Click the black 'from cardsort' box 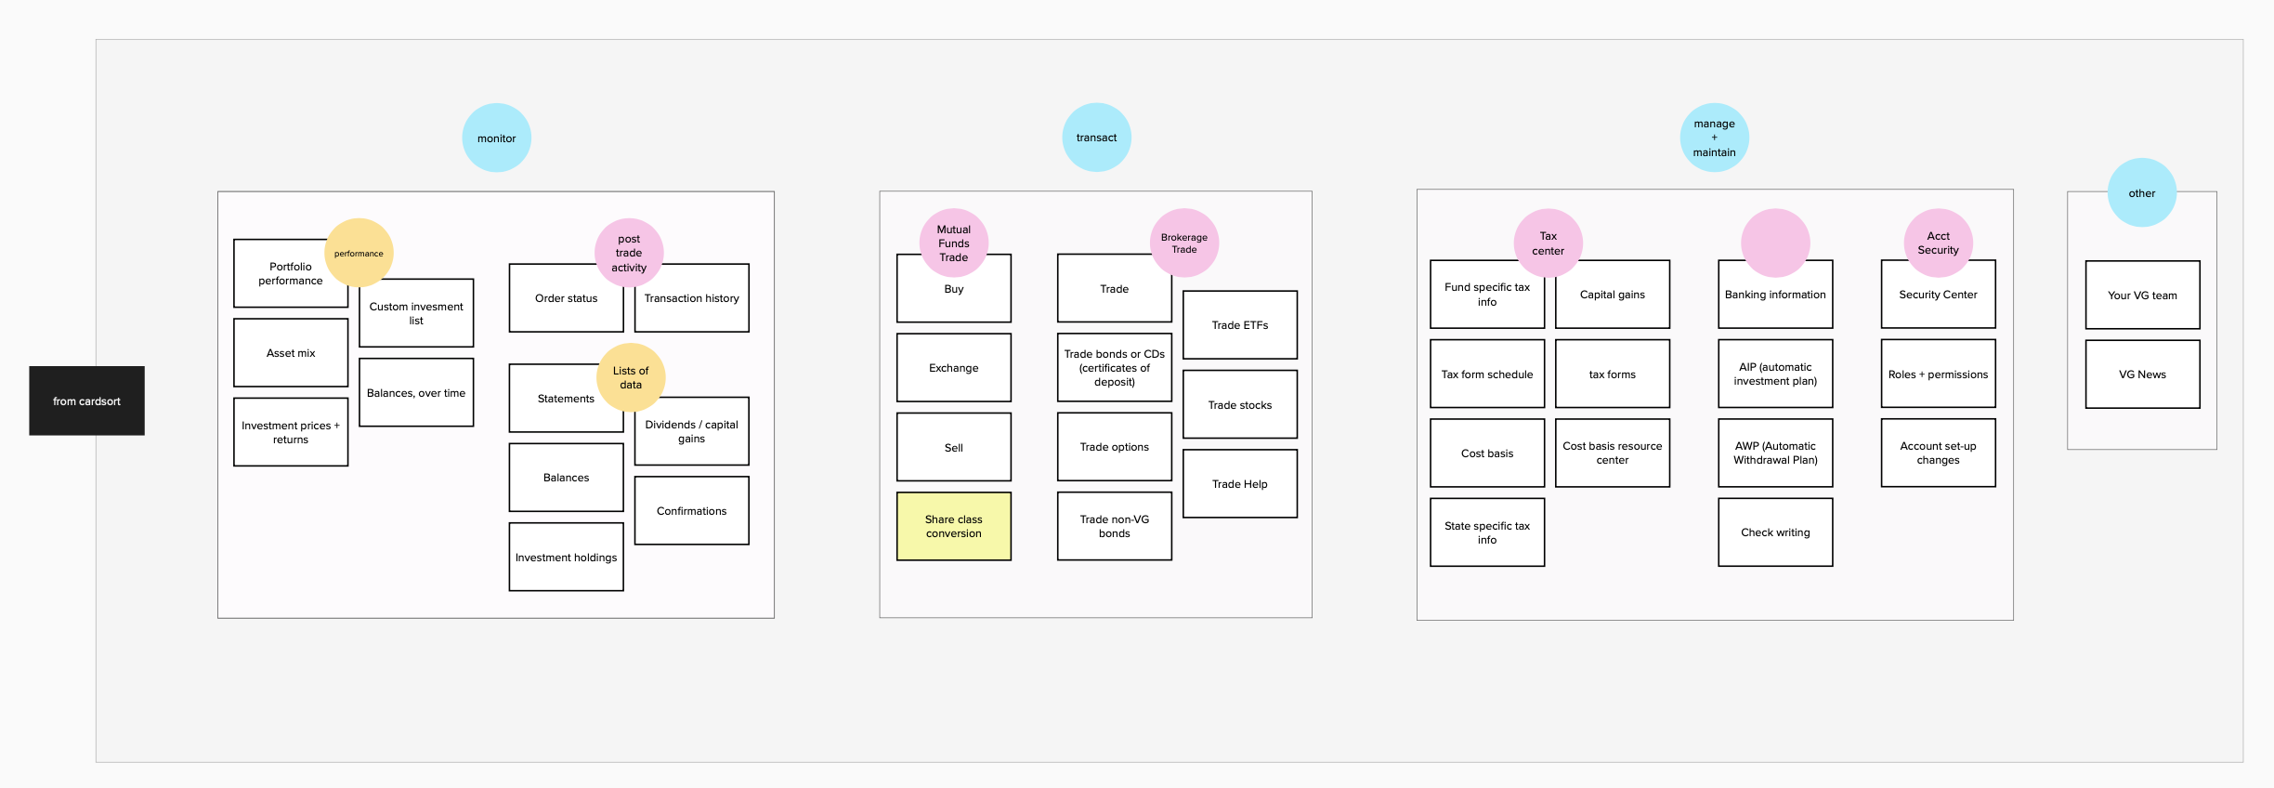tap(86, 401)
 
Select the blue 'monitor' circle tap(497, 138)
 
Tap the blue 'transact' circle tap(1097, 138)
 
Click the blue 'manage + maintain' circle tap(1715, 138)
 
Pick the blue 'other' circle tap(2142, 192)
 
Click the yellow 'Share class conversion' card tap(954, 526)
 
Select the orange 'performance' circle tap(359, 253)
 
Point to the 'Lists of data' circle tap(631, 377)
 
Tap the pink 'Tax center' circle tap(1549, 243)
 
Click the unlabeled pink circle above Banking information tap(1775, 243)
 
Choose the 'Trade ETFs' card tap(1240, 325)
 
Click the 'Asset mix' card tap(291, 353)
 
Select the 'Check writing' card tap(1775, 532)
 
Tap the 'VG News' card tap(2142, 374)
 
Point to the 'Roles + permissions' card tap(1939, 374)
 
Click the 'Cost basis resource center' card tap(1613, 453)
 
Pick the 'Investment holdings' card tap(567, 557)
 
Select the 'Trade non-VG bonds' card tap(1115, 526)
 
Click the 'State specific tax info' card tap(1487, 532)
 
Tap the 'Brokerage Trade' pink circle tap(1184, 243)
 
